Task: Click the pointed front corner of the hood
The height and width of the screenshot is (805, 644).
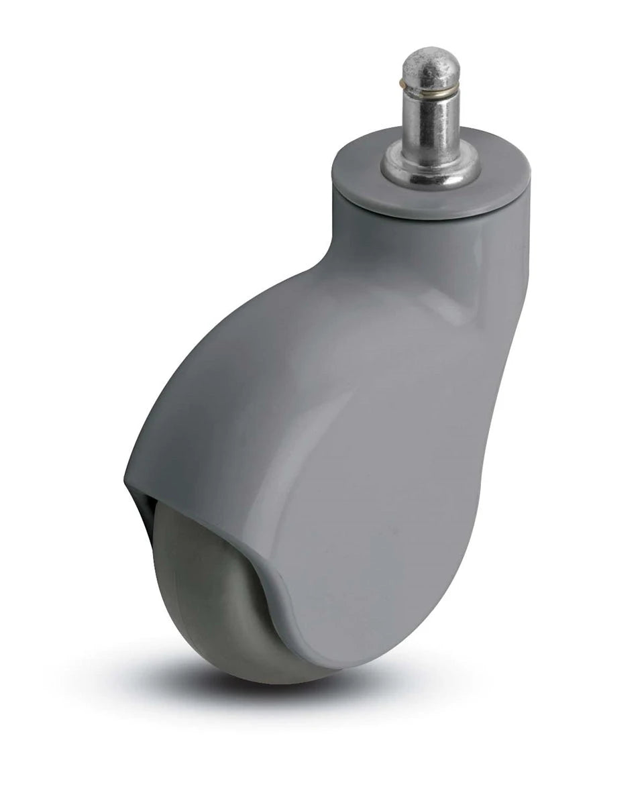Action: [x=127, y=480]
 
